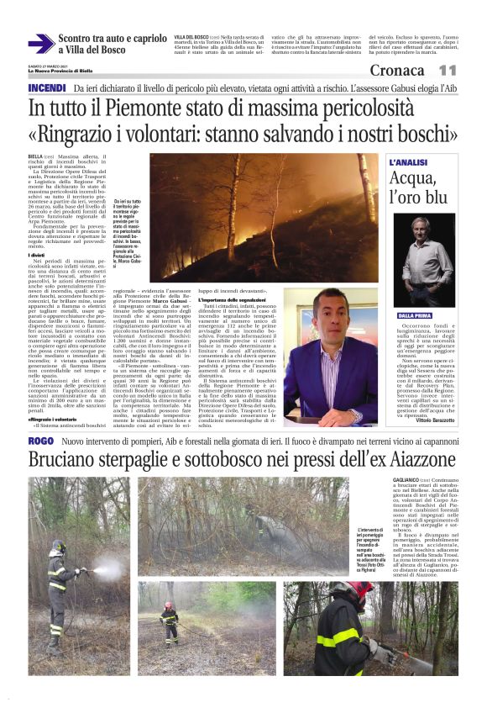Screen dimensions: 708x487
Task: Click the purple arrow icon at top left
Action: [40, 43]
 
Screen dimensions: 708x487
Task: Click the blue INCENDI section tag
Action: [47, 88]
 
